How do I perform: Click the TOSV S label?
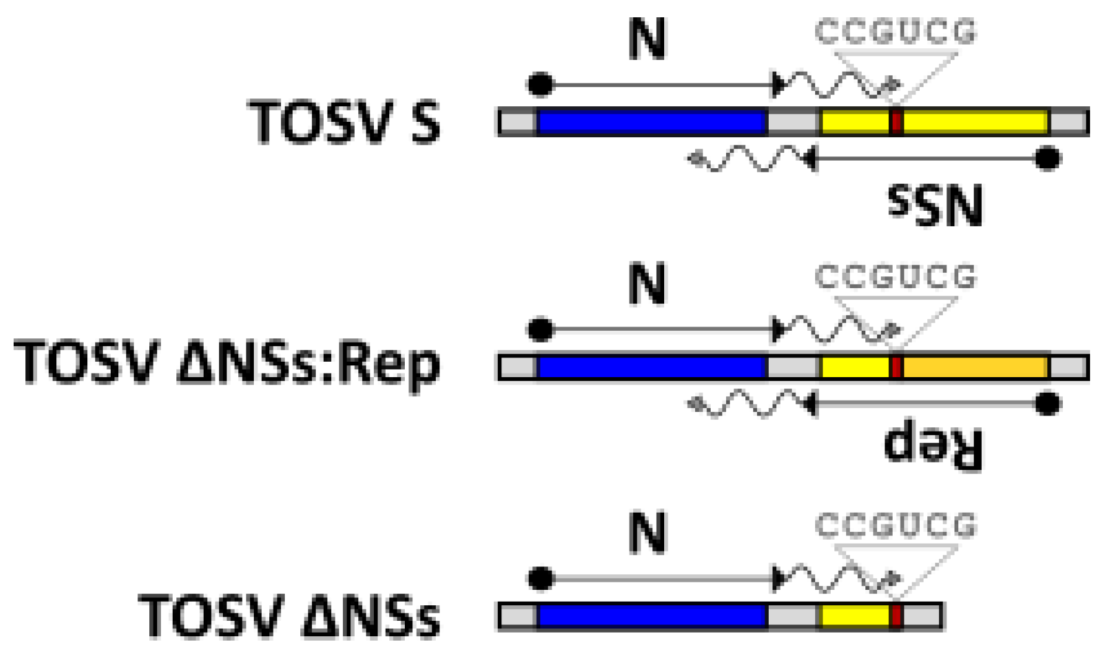tap(344, 122)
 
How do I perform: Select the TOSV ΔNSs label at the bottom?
tap(289, 615)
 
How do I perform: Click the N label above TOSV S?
tap(647, 38)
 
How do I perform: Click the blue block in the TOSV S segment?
tap(651, 122)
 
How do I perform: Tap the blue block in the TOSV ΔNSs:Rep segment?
tap(651, 367)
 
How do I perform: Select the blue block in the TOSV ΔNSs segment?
tap(651, 616)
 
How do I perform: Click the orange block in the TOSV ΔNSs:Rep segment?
tap(975, 367)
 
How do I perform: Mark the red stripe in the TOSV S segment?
tap(896, 122)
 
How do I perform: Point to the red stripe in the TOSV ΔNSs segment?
tap(896, 616)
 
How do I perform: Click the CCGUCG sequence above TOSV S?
tap(895, 32)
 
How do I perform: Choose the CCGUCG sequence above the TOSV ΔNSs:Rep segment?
tap(895, 277)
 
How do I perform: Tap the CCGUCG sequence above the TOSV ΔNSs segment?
tap(895, 526)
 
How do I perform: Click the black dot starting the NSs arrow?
tap(1047, 158)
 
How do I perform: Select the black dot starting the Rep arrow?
tap(1047, 404)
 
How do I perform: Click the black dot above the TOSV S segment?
tap(540, 84)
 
